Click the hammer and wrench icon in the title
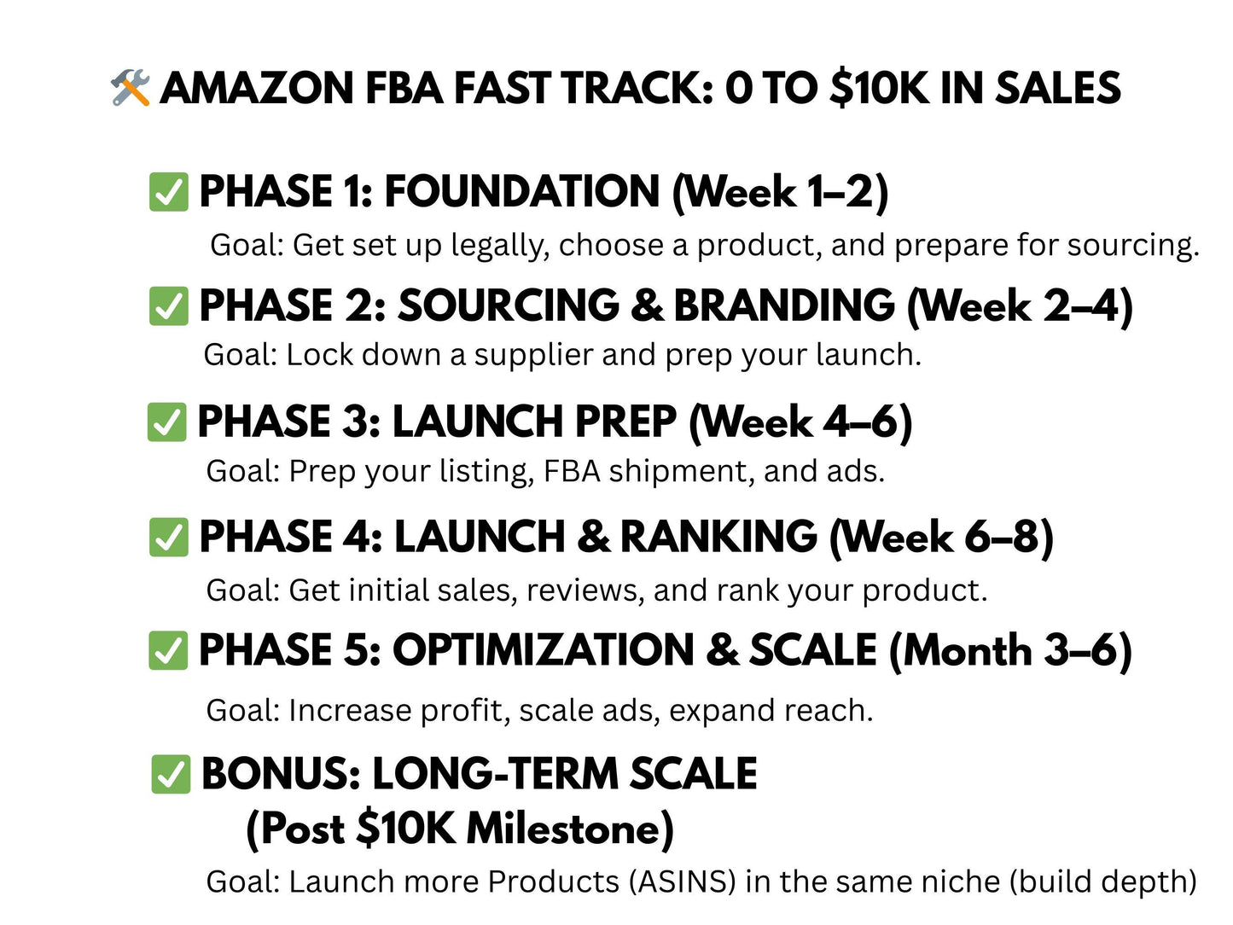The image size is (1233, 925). click(131, 89)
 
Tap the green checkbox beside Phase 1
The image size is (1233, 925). click(168, 192)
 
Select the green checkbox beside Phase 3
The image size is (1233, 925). click(166, 422)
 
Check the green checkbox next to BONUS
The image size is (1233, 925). click(170, 775)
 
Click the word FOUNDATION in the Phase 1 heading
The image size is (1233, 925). click(522, 191)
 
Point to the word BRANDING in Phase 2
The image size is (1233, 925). click(784, 306)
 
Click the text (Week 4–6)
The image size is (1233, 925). click(800, 422)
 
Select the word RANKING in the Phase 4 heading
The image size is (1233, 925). click(718, 538)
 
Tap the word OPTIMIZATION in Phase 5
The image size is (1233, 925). click(544, 651)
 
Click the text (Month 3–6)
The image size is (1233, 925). click(1010, 651)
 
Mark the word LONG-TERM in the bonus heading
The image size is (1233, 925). click(495, 775)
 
